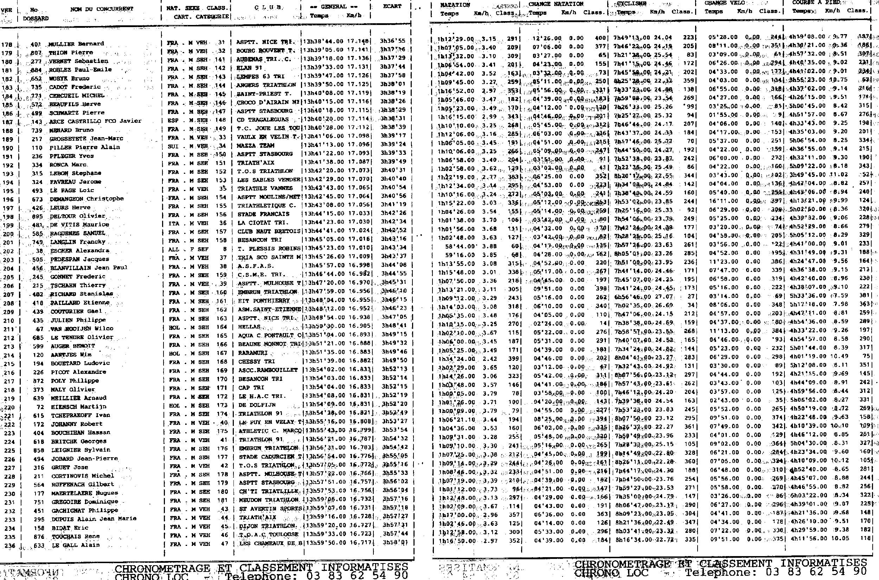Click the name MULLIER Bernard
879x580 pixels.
click(76, 44)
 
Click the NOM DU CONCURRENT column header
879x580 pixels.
click(102, 9)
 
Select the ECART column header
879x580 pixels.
click(392, 6)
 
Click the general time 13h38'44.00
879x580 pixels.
click(323, 42)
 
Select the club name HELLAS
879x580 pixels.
click(249, 327)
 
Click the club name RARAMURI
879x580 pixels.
click(252, 352)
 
